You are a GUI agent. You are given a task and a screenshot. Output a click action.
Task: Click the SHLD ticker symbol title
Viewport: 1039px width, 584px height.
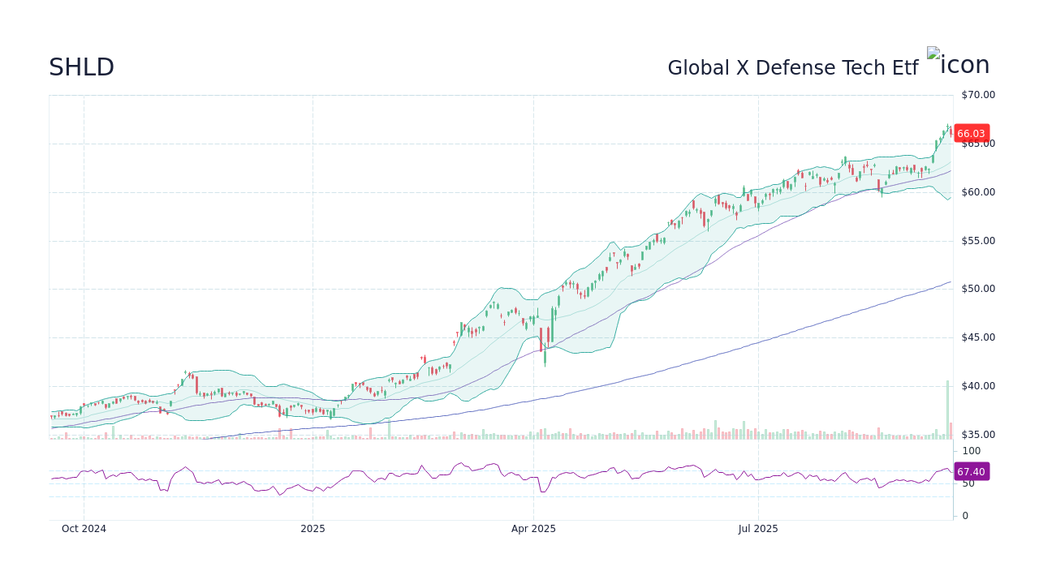pyautogui.click(x=81, y=68)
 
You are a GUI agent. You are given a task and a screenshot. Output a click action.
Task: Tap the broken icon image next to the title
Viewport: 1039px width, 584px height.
pyautogui.click(x=958, y=64)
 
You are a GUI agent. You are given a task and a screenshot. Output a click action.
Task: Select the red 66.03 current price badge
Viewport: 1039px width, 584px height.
pyautogui.click(x=971, y=134)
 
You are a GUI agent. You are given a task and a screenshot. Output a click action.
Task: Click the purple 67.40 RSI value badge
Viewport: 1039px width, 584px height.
pyautogui.click(x=971, y=472)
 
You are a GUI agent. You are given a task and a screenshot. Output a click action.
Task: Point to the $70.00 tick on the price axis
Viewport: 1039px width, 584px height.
pyautogui.click(x=977, y=95)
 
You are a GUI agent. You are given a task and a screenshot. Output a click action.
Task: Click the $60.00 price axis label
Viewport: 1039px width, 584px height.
pyautogui.click(x=977, y=192)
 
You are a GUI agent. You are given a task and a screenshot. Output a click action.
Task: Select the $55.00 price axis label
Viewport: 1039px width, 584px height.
pyautogui.click(x=977, y=241)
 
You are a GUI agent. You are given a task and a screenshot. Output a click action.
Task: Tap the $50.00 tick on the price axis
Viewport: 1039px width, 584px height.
pyautogui.click(x=977, y=289)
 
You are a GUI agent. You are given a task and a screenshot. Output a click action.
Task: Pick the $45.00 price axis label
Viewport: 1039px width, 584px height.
pyautogui.click(x=977, y=337)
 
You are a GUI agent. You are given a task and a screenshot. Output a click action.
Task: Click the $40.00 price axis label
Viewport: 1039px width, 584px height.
pyautogui.click(x=977, y=386)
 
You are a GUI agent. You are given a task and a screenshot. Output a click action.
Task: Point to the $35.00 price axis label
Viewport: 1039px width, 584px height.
pyautogui.click(x=977, y=435)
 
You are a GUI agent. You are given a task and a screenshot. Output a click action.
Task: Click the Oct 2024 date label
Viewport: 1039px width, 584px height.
pyautogui.click(x=84, y=529)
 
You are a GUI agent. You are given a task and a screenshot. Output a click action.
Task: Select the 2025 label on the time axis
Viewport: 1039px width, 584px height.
pyautogui.click(x=313, y=529)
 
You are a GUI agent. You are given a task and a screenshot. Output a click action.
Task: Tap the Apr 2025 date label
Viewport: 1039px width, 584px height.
pyautogui.click(x=533, y=529)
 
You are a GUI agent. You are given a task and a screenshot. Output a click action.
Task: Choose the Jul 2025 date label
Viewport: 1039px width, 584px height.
pyautogui.click(x=758, y=529)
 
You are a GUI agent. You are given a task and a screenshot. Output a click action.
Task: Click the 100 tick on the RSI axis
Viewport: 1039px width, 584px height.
pyautogui.click(x=971, y=451)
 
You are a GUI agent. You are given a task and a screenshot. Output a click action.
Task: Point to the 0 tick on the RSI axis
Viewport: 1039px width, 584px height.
pyautogui.click(x=964, y=516)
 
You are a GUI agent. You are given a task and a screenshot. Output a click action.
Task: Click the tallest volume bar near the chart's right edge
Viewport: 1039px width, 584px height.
pyautogui.click(x=946, y=410)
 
